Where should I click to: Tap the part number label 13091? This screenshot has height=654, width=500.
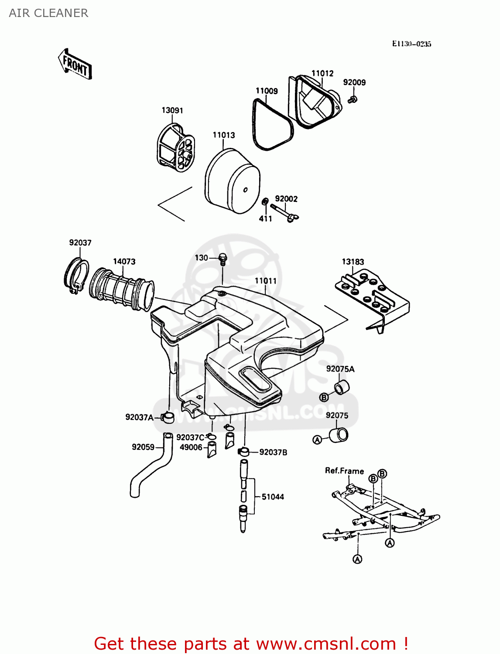coord(172,110)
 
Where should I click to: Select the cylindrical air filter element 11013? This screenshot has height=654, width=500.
coord(232,181)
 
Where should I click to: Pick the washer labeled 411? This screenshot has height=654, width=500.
coord(264,202)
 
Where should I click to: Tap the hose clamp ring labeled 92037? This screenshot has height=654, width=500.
coord(77,276)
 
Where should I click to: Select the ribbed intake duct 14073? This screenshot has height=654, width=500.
coord(122,290)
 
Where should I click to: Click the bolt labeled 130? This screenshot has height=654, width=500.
coord(223,259)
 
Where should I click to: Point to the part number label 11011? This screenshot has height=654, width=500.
coord(265,281)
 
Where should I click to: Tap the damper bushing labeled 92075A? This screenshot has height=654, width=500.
coord(342,387)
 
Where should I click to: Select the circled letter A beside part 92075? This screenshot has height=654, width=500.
coord(317,440)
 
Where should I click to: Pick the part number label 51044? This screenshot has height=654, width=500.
coord(273,497)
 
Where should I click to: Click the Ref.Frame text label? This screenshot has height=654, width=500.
coord(344,471)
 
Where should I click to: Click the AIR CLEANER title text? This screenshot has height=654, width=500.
coord(48,13)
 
